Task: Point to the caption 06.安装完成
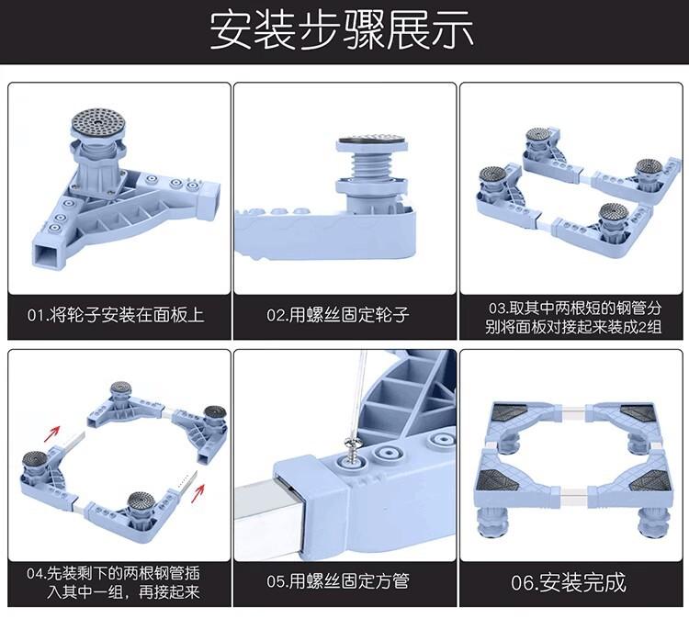click(569, 581)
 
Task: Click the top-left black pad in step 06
click(510, 413)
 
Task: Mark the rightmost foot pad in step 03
click(649, 168)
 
